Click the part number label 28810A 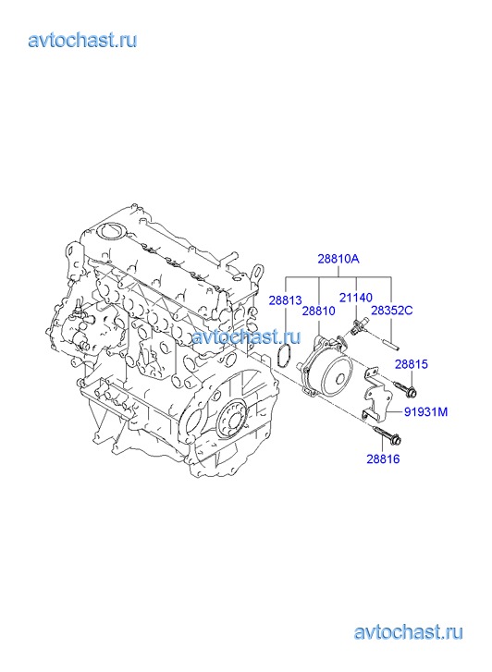tap(338, 260)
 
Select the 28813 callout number tap(285, 300)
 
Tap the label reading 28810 tap(319, 312)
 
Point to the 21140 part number tap(356, 298)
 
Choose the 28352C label tap(391, 311)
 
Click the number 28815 tap(412, 364)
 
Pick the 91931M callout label tap(426, 412)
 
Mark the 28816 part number tap(383, 459)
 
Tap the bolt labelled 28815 tap(405, 387)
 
